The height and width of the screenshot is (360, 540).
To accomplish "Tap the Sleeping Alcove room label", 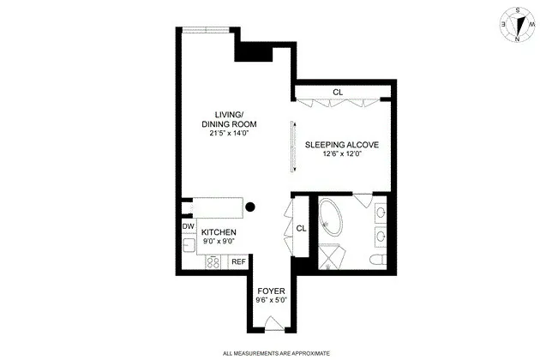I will pos(341,145).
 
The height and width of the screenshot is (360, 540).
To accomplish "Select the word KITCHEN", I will pos(219,232).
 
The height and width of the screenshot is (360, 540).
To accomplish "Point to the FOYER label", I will pos(271,291).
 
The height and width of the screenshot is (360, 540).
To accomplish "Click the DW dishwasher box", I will pos(188,226).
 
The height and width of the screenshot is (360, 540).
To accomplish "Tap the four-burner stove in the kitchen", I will pos(210,261).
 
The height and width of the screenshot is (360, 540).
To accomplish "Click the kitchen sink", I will pos(188,245).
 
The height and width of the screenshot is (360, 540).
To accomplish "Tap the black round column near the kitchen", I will pos(251,206).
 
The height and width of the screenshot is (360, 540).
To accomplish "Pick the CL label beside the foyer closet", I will pos(301,229).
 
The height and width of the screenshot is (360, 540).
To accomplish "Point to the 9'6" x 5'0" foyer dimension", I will pos(271,301).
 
